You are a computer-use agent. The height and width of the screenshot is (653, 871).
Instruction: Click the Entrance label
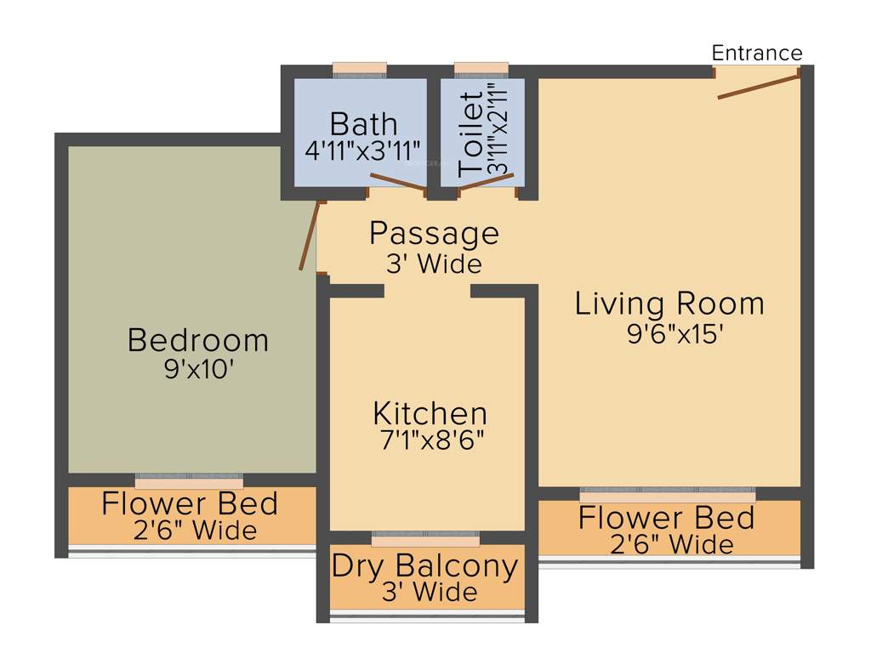pos(756,53)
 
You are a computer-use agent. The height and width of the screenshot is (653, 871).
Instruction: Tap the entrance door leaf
pos(758,86)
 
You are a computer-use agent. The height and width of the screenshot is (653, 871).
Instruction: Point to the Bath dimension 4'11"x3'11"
pos(363,150)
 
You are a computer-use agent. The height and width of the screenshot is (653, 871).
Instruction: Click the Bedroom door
pos(310,236)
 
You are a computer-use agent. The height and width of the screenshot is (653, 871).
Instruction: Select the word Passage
pos(434,232)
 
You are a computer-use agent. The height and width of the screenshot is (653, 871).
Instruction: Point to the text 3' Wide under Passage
pos(434,264)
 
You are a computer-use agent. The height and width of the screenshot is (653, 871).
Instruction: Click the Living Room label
pos(669,304)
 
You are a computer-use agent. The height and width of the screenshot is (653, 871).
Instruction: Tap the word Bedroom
pos(198,341)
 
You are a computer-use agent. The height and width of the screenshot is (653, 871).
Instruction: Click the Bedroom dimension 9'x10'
pos(199,371)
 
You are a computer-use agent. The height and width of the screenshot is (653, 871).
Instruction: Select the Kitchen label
pos(430,414)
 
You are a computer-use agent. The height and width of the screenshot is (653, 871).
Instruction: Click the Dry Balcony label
pos(424,566)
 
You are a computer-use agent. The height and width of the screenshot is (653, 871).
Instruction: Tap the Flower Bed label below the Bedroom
pos(190,503)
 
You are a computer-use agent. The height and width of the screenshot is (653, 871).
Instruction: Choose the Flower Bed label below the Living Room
pos(666,518)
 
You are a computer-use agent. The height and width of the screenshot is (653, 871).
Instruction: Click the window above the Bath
pos(359,69)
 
